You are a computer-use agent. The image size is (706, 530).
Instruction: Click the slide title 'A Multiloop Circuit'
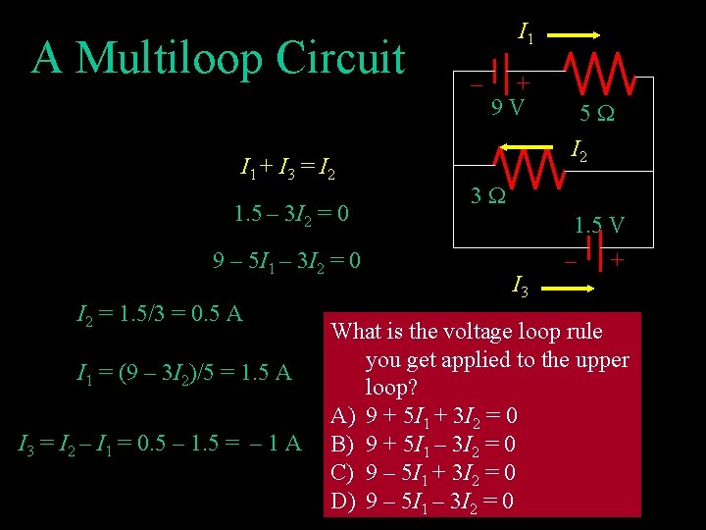coord(218,58)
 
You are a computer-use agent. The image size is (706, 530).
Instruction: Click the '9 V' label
coord(507,105)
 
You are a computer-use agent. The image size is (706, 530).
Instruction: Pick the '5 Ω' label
coord(597,114)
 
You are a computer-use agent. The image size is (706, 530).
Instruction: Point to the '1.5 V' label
coord(599,224)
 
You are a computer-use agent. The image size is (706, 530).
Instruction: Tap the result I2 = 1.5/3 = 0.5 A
coord(160,315)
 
